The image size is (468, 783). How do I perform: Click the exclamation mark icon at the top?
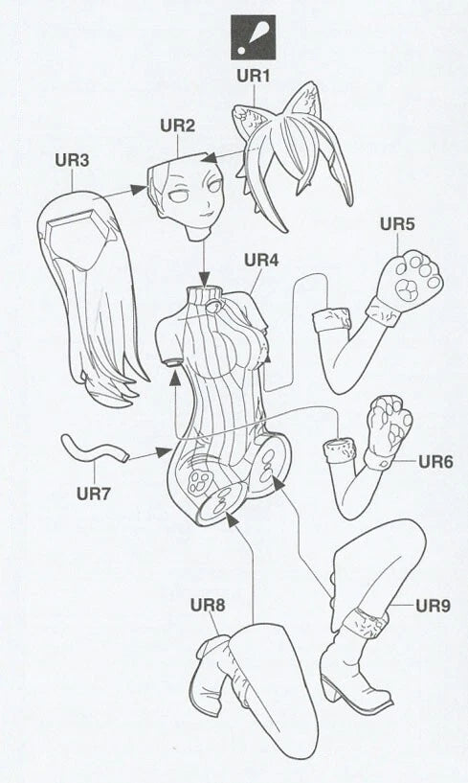[253, 37]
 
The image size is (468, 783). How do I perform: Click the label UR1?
[253, 77]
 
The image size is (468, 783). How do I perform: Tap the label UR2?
[178, 126]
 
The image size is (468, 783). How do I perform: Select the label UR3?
[73, 160]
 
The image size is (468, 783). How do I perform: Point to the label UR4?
[261, 260]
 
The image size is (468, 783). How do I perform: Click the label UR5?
[397, 224]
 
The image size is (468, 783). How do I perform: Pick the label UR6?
[435, 462]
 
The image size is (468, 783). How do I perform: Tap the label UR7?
[93, 494]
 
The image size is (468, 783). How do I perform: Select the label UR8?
[208, 606]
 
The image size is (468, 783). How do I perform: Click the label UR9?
[434, 606]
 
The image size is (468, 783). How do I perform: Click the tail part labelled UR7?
[95, 449]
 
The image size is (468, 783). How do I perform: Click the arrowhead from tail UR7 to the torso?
[163, 452]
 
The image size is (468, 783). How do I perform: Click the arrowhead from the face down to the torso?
[204, 278]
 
